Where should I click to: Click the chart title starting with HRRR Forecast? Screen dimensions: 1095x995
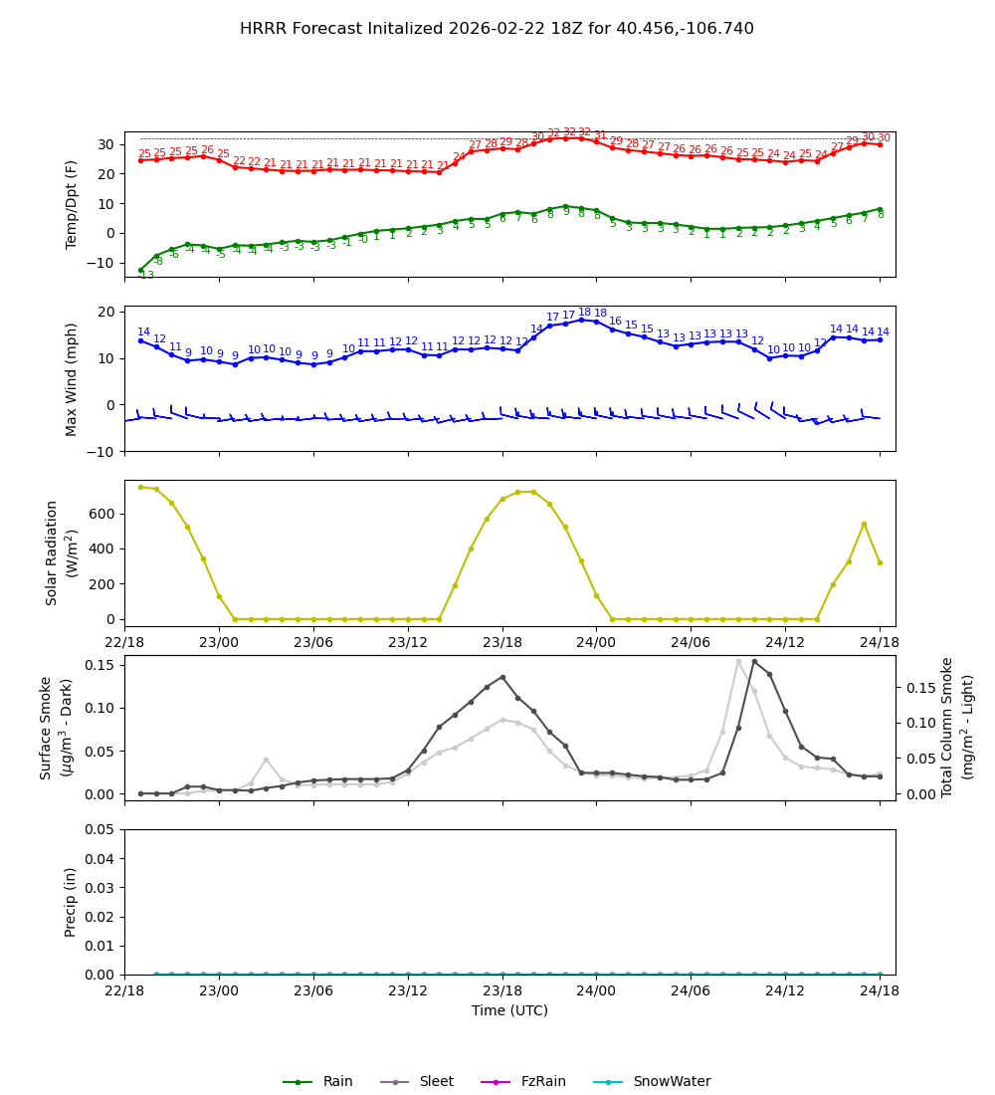point(497,29)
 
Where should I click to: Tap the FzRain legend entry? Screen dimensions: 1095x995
point(536,1082)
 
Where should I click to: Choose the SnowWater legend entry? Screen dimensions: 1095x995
point(672,1082)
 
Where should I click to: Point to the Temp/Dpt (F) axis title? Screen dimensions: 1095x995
point(72,204)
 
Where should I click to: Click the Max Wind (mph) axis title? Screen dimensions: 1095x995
point(72,378)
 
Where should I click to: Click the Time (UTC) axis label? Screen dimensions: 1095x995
point(509,1010)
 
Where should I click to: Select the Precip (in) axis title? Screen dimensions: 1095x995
point(72,902)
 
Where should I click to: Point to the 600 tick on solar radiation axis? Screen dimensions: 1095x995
point(103,514)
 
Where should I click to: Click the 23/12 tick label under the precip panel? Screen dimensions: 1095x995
point(407,991)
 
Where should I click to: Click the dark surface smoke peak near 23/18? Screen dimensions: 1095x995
point(502,677)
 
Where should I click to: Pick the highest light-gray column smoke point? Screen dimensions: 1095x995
point(738,661)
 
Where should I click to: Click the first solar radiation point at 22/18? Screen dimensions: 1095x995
point(140,487)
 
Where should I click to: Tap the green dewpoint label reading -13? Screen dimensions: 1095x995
point(145,275)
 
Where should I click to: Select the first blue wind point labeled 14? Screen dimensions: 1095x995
point(140,340)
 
